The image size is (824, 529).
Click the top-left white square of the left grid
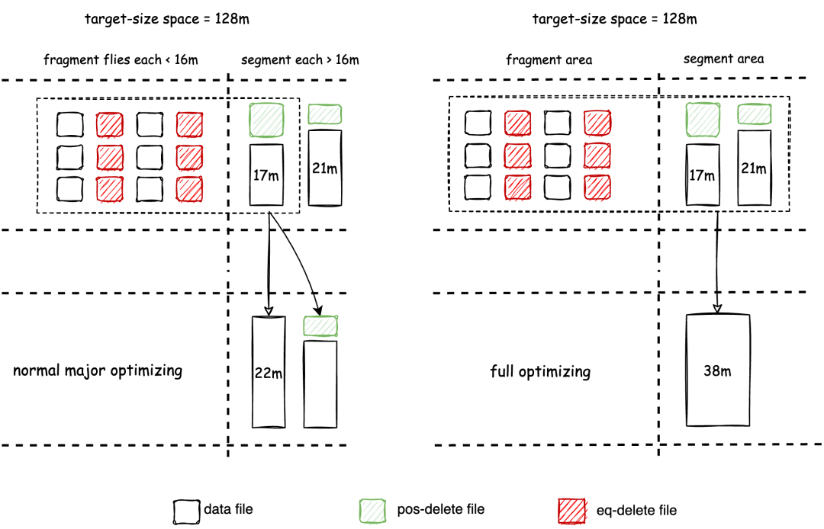tap(69, 125)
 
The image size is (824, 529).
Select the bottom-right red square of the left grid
tap(189, 189)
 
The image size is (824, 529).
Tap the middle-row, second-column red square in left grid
tap(110, 158)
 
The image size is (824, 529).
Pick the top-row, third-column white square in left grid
tap(149, 124)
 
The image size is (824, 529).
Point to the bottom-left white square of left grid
tap(69, 188)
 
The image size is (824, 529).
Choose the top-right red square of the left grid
tap(189, 124)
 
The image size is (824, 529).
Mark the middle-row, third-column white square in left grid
tap(150, 157)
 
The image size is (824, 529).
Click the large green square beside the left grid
tap(266, 120)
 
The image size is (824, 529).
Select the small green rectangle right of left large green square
tap(325, 114)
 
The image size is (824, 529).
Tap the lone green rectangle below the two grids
tap(320, 326)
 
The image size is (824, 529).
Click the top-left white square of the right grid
tap(478, 123)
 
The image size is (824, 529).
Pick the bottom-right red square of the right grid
tap(597, 188)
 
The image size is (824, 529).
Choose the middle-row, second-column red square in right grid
tap(517, 155)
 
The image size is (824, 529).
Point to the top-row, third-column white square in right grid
tap(557, 123)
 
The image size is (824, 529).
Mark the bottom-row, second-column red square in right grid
tap(518, 188)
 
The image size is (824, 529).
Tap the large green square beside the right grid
tap(703, 120)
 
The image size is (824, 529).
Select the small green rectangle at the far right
tap(755, 114)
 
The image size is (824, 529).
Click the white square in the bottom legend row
tap(186, 511)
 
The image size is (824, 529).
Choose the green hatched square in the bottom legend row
tap(372, 511)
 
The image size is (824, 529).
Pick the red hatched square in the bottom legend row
tap(571, 511)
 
